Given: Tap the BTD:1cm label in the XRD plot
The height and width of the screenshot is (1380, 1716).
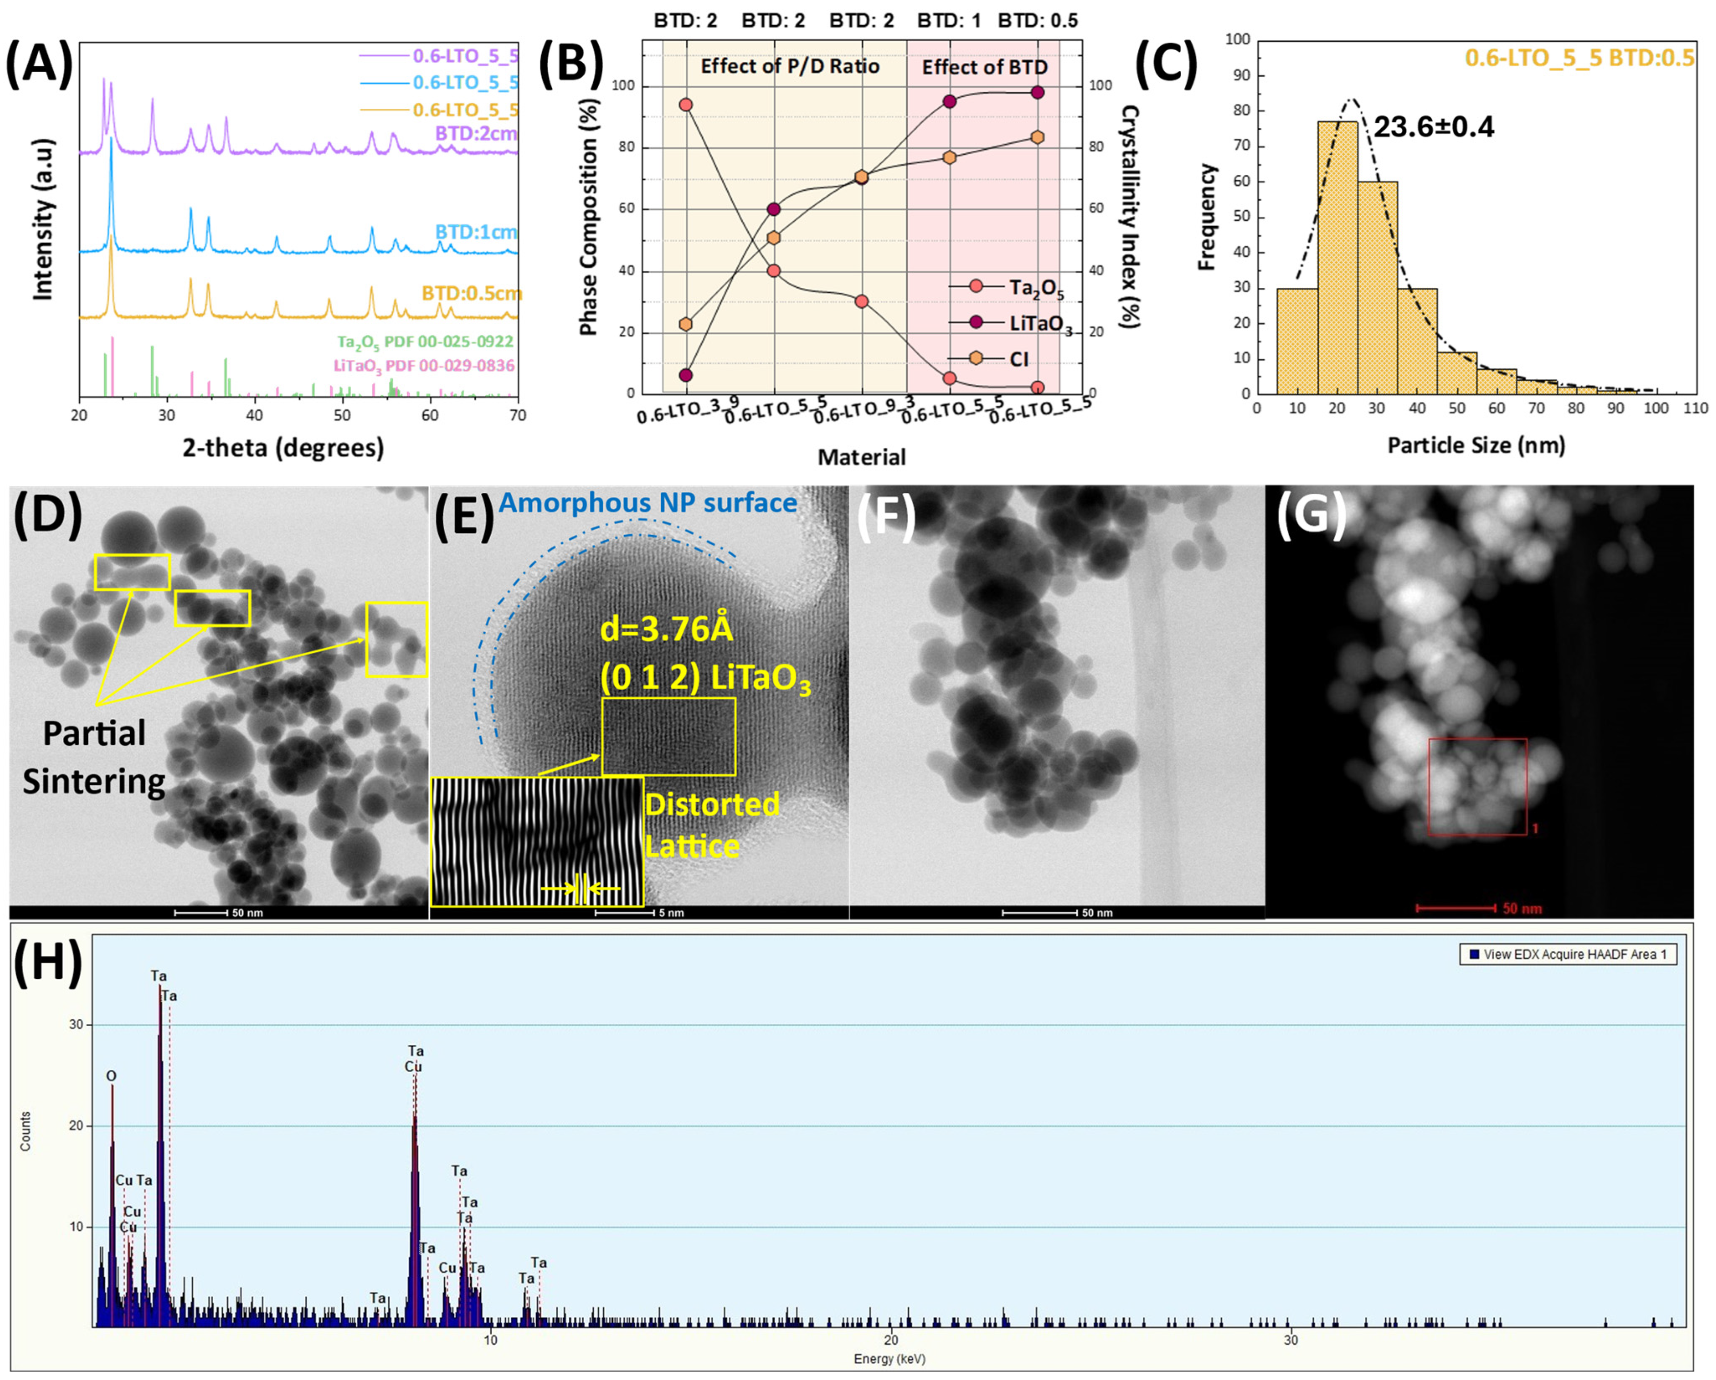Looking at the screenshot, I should [475, 232].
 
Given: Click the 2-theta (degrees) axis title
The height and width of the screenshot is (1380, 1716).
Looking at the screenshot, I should [283, 448].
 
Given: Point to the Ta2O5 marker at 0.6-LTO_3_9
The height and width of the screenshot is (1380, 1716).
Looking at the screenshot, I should [685, 104].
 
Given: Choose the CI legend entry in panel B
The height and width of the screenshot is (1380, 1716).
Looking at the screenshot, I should [1019, 359].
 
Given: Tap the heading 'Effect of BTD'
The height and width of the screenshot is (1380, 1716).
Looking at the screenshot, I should [984, 67].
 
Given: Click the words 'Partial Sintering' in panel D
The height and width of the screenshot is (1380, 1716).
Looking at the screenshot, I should [94, 757].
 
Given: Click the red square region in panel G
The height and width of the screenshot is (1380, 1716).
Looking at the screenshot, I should [1477, 786].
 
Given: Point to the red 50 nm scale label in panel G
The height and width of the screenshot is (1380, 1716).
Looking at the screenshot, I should [1522, 908].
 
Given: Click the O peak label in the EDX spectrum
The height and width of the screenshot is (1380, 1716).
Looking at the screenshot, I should [112, 1076].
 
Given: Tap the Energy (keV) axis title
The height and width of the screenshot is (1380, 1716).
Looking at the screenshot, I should [889, 1359].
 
